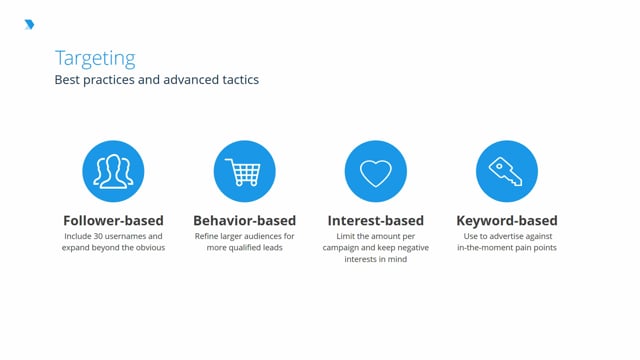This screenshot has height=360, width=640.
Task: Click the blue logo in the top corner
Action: pos(28,25)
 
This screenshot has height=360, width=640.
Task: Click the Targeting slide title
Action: pos(95,58)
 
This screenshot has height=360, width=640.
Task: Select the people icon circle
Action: pos(113,171)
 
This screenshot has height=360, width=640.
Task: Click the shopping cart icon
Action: pos(244,171)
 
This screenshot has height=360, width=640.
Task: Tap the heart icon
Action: pos(375,171)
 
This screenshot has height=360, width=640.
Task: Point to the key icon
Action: pos(506,171)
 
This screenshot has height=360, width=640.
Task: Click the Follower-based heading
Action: pos(113,220)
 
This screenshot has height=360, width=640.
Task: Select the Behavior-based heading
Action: pos(244,220)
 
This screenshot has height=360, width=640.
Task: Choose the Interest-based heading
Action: pos(375,220)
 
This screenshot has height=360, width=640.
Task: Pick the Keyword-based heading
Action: pos(506,220)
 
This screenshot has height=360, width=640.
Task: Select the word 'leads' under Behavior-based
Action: pos(283,247)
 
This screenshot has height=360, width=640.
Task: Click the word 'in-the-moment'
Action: pos(487,247)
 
